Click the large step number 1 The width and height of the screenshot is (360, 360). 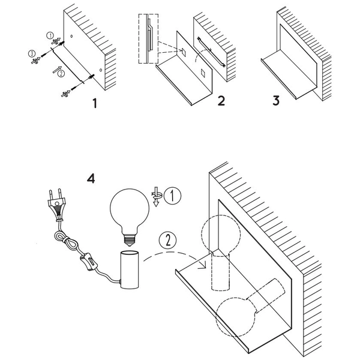(x=95, y=103)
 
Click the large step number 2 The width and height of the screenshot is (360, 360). (x=221, y=101)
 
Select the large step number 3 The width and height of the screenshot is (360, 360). (x=276, y=101)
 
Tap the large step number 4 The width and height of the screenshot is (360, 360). (x=91, y=178)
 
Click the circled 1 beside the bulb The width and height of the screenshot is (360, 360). (x=173, y=196)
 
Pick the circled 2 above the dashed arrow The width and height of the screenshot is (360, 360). (x=168, y=240)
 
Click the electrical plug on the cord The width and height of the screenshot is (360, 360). (x=56, y=205)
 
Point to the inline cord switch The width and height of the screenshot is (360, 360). (x=89, y=262)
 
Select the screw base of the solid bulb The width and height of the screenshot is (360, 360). (x=130, y=240)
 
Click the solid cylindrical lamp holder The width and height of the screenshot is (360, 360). (x=130, y=270)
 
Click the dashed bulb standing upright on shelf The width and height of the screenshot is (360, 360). (x=221, y=253)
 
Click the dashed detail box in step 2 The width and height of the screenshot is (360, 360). (x=148, y=38)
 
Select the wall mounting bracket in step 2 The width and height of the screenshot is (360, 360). (x=211, y=52)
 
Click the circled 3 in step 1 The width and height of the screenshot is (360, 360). (x=32, y=54)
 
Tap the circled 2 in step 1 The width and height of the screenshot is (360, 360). (x=61, y=74)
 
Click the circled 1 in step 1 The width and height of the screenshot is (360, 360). (x=50, y=35)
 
